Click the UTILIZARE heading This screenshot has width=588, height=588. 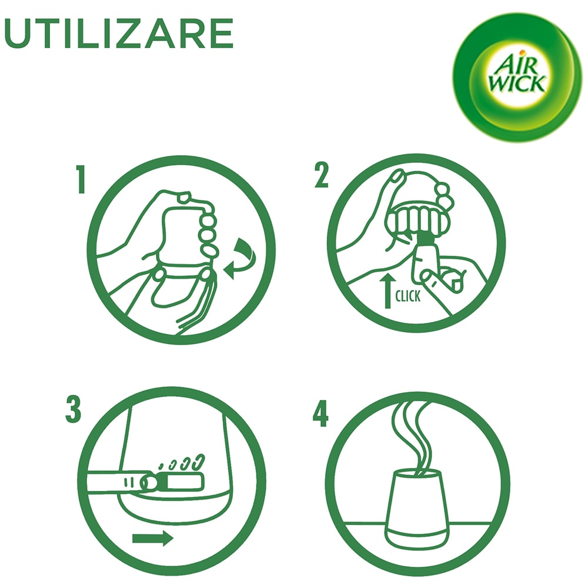pyautogui.click(x=119, y=34)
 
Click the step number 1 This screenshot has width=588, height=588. pyautogui.click(x=80, y=179)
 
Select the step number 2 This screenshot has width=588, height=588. pyautogui.click(x=322, y=175)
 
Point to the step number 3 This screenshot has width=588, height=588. pyautogui.click(x=73, y=410)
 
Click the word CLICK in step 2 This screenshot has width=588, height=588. pyautogui.click(x=408, y=296)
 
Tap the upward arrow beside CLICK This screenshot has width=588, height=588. pyautogui.click(x=387, y=290)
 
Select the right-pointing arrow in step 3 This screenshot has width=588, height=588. pyautogui.click(x=153, y=539)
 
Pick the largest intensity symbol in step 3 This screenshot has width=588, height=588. pyautogui.click(x=198, y=462)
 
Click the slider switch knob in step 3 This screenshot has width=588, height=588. pyautogui.click(x=149, y=482)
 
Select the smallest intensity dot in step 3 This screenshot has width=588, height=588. pyautogui.click(x=161, y=466)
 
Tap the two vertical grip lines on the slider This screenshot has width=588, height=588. pyautogui.click(x=129, y=482)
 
